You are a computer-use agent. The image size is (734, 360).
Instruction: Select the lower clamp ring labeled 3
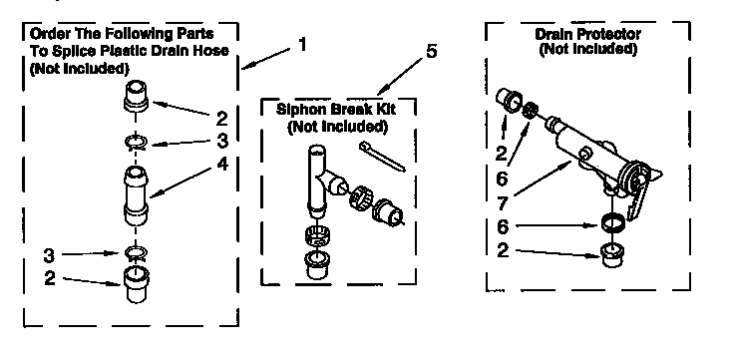(x=134, y=254)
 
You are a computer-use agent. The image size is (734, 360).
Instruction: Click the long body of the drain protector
(x=588, y=150)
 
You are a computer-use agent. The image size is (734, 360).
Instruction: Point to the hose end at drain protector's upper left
(x=513, y=101)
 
